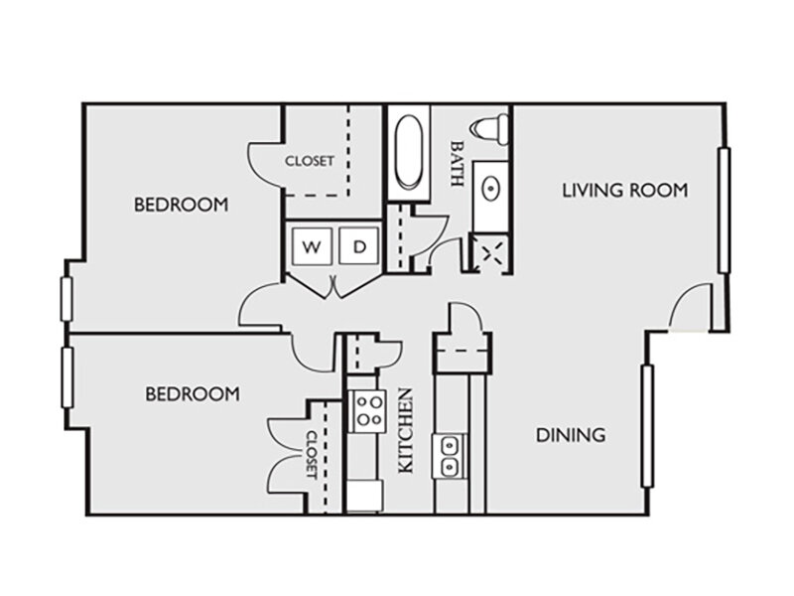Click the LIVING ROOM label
(x=625, y=190)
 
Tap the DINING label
(x=571, y=435)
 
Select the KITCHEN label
(x=406, y=431)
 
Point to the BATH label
(x=458, y=163)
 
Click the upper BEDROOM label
(x=182, y=205)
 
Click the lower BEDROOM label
(x=193, y=394)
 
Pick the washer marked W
(x=312, y=245)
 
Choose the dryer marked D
(x=359, y=245)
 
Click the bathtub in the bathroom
(x=408, y=152)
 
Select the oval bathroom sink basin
(x=490, y=189)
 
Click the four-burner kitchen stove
(x=368, y=411)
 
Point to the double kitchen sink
(x=450, y=456)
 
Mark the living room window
(x=725, y=211)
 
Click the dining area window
(x=647, y=426)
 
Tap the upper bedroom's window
(x=66, y=299)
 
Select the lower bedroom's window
(x=66, y=377)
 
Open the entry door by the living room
(x=691, y=306)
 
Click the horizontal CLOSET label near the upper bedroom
(x=310, y=161)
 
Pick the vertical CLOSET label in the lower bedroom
(x=311, y=455)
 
